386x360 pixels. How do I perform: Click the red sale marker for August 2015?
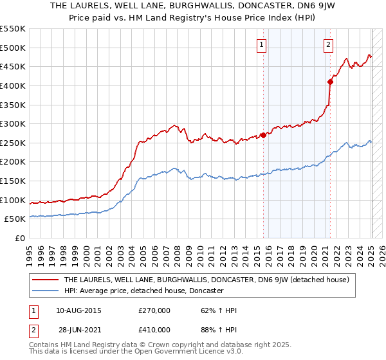click(264, 135)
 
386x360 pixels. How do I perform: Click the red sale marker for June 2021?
click(330, 82)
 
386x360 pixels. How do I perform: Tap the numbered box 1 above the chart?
click(262, 44)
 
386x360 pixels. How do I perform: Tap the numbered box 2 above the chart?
click(329, 44)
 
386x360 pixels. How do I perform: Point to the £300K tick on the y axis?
click(14, 123)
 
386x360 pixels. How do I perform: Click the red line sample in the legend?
click(45, 280)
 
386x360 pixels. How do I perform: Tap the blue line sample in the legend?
click(45, 291)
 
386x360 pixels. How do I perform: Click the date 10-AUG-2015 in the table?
click(78, 310)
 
